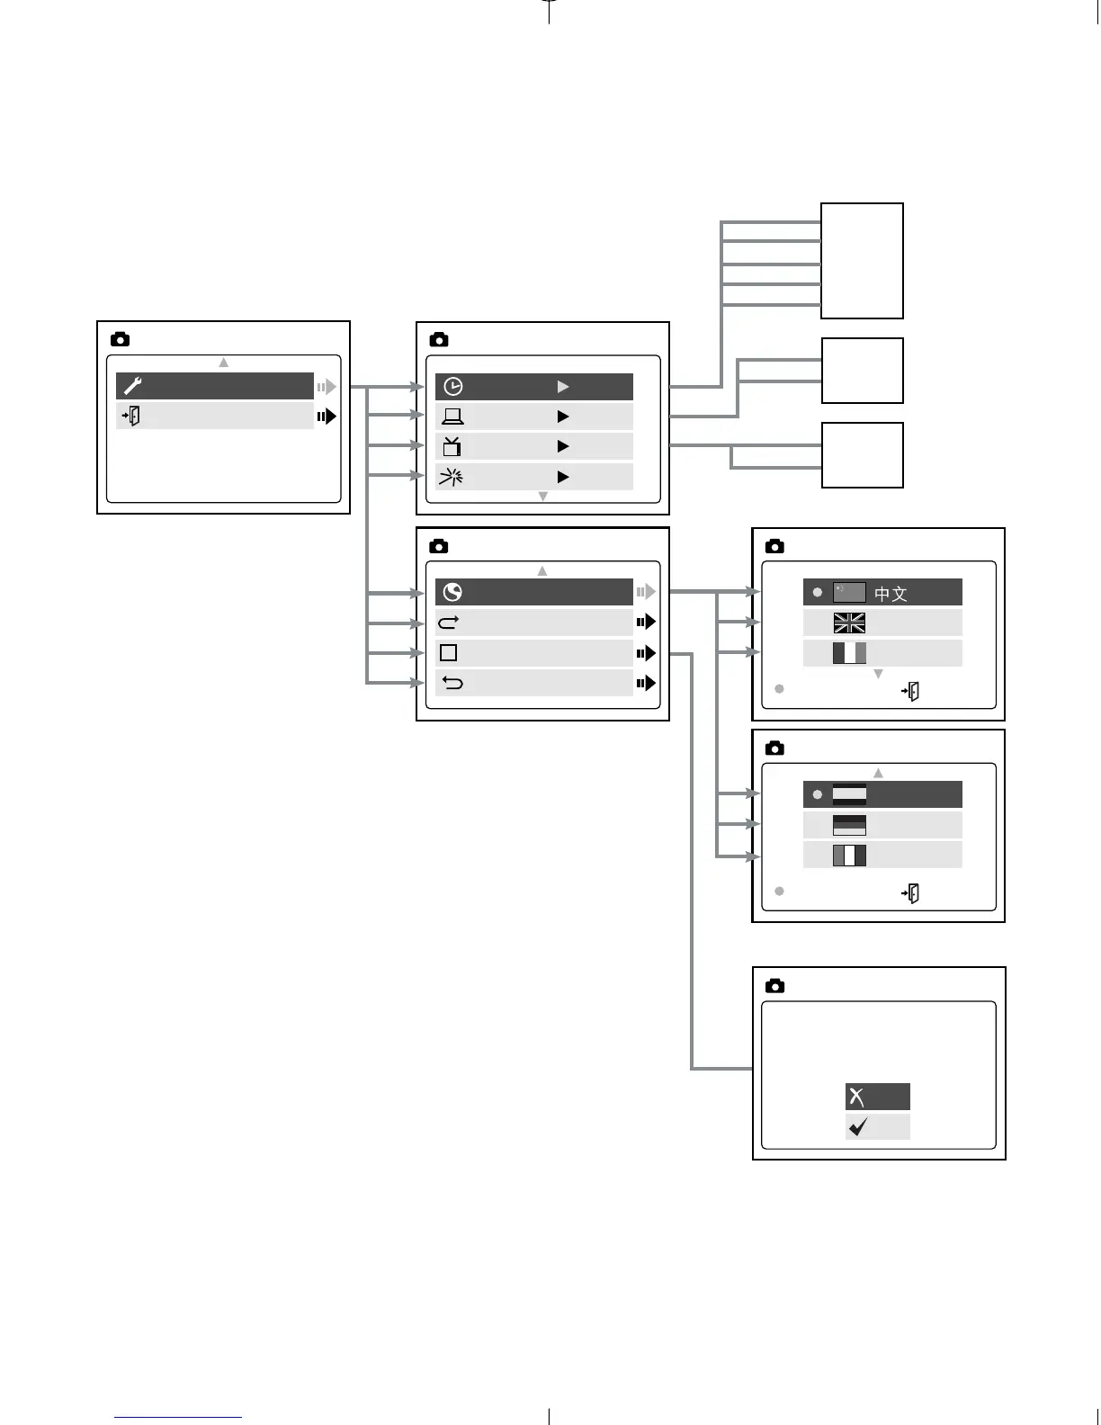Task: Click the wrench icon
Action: tap(133, 387)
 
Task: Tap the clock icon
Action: tap(453, 387)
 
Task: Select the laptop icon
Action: tap(452, 417)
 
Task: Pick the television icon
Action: tap(452, 446)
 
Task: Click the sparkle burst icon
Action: tap(451, 477)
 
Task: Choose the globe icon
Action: tap(452, 592)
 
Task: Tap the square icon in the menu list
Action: tap(449, 653)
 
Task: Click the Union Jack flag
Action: tap(849, 623)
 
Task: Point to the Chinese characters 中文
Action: tap(891, 594)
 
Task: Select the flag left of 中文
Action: tap(849, 592)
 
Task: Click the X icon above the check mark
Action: tap(857, 1097)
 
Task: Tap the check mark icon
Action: tap(858, 1127)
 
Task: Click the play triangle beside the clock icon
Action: tap(563, 387)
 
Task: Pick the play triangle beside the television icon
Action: tap(563, 446)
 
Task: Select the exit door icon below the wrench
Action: tap(131, 417)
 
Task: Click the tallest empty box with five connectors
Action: tap(862, 261)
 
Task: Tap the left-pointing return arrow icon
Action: tap(452, 684)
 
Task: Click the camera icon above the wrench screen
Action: tap(120, 339)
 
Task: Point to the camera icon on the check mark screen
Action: tap(774, 986)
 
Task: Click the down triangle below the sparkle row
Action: tap(542, 497)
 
